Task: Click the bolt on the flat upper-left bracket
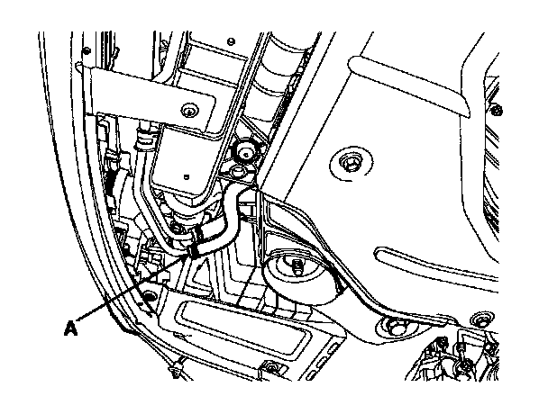tap(187, 111)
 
